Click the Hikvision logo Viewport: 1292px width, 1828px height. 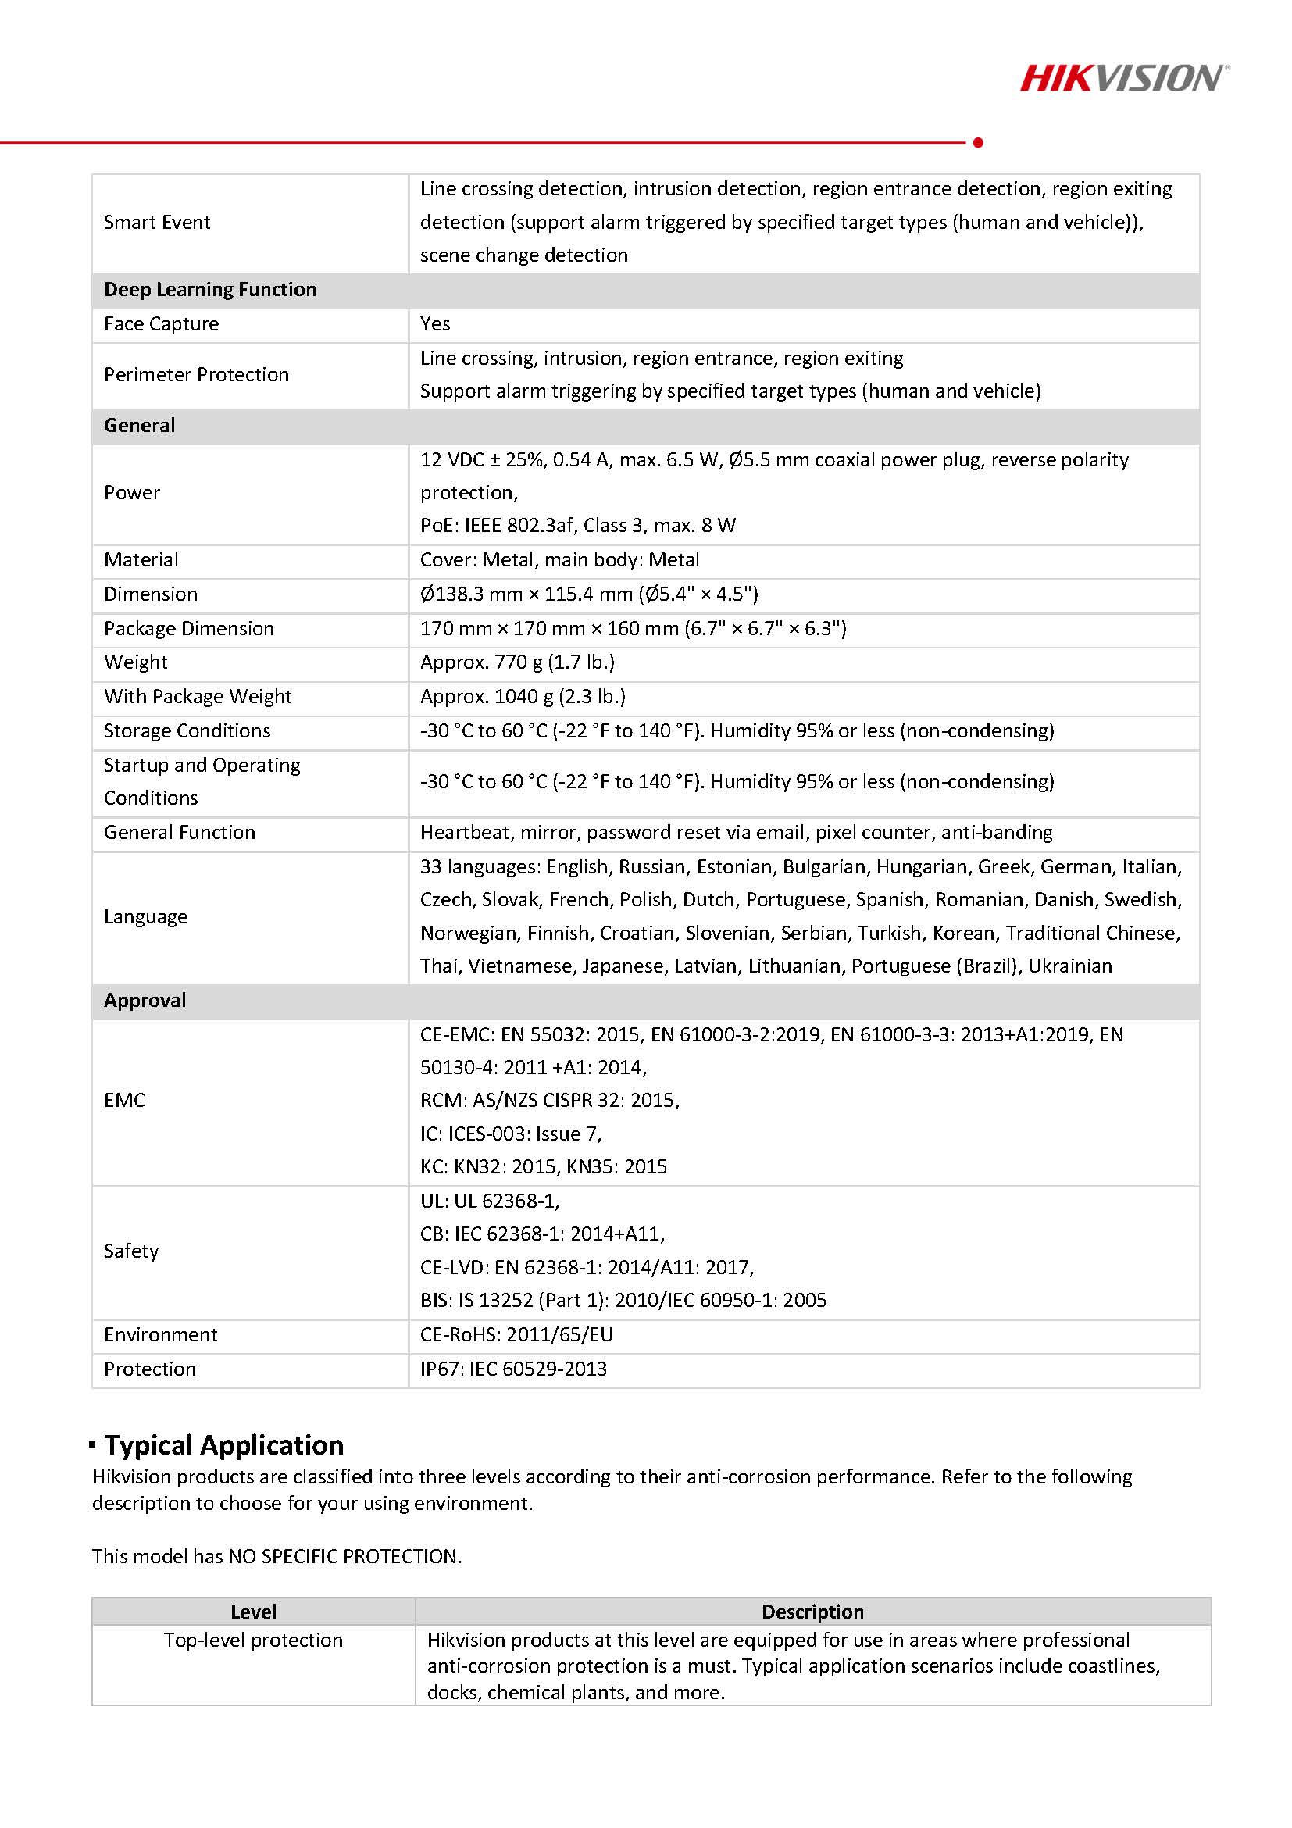point(1123,78)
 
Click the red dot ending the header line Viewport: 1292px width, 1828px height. point(977,142)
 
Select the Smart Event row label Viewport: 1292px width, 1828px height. point(157,222)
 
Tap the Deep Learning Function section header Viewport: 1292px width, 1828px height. point(210,289)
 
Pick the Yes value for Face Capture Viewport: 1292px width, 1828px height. point(434,323)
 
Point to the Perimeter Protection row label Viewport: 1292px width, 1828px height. point(196,374)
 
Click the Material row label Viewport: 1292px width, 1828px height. point(141,559)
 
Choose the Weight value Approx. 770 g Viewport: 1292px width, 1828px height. point(516,662)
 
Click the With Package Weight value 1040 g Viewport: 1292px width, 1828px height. point(523,696)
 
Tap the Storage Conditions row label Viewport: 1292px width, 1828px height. point(187,730)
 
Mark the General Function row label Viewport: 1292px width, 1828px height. point(179,832)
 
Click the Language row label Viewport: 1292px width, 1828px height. point(145,916)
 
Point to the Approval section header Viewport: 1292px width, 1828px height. point(145,1000)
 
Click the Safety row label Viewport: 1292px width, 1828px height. point(131,1251)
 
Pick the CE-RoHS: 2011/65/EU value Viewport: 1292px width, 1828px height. point(516,1334)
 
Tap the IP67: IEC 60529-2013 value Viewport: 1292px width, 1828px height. point(512,1369)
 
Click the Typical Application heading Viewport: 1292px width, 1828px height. point(223,1445)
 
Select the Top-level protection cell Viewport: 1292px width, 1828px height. point(253,1640)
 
